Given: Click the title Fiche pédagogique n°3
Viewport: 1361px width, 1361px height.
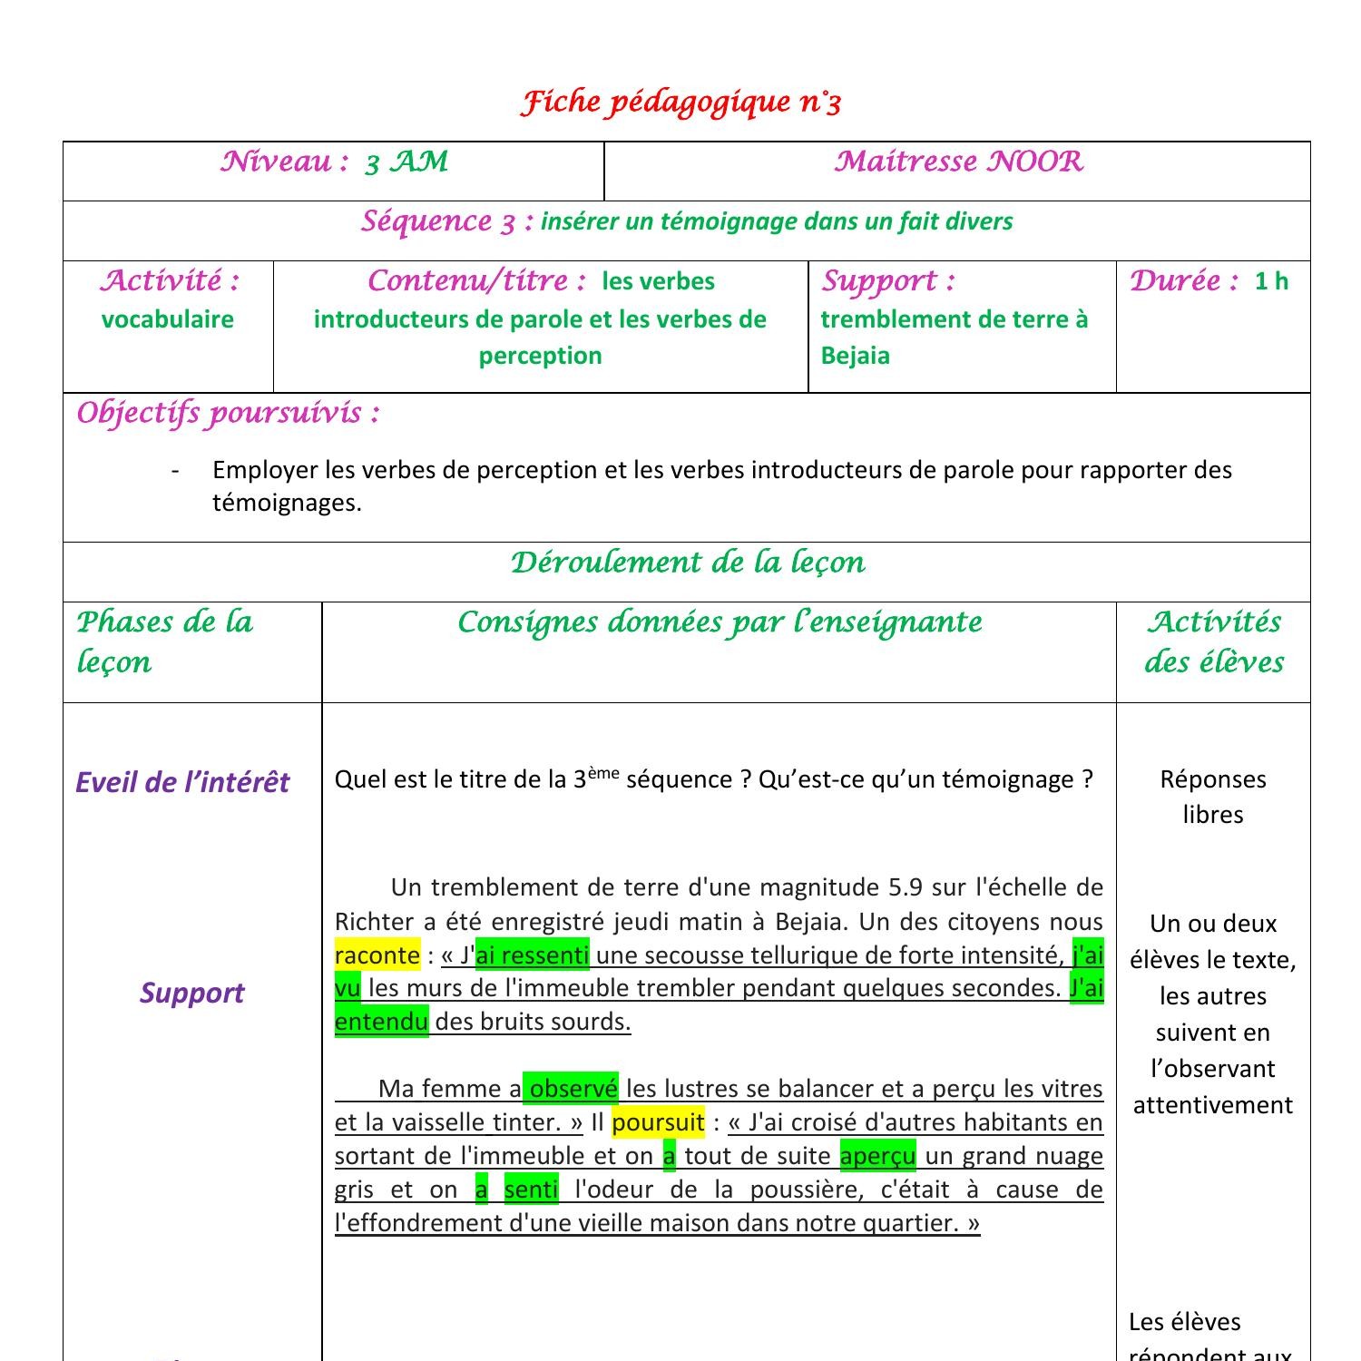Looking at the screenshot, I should point(680,102).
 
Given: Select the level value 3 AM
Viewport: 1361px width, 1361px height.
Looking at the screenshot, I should point(406,162).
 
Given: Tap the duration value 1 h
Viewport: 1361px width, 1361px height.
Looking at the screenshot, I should point(1271,281).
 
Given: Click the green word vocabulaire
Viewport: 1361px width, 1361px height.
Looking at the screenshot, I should point(167,319).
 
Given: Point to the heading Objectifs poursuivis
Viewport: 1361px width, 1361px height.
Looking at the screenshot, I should point(228,413).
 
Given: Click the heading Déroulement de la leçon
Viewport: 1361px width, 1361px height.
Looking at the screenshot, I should point(687,563).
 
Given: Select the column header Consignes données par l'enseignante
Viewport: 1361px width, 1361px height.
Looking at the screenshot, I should point(719,622).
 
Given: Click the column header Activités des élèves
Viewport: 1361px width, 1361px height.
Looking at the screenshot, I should point(1213,641).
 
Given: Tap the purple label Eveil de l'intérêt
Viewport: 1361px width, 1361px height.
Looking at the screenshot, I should point(182,782).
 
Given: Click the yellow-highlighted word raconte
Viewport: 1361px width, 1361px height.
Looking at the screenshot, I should point(377,955).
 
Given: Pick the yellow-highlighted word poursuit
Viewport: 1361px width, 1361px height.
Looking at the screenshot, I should point(658,1122).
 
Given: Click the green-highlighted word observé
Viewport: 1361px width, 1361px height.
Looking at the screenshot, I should point(573,1089).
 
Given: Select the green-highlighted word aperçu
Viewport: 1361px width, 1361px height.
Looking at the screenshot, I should point(877,1156).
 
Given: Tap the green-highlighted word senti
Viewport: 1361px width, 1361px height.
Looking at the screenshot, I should point(531,1190).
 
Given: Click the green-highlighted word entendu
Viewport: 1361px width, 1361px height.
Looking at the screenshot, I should point(381,1022).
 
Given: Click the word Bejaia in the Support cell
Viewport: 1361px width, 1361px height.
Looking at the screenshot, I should point(855,356).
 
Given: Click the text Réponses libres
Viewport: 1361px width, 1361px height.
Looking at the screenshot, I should point(1212,797).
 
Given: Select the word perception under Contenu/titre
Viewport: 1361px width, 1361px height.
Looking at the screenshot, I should point(540,356).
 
